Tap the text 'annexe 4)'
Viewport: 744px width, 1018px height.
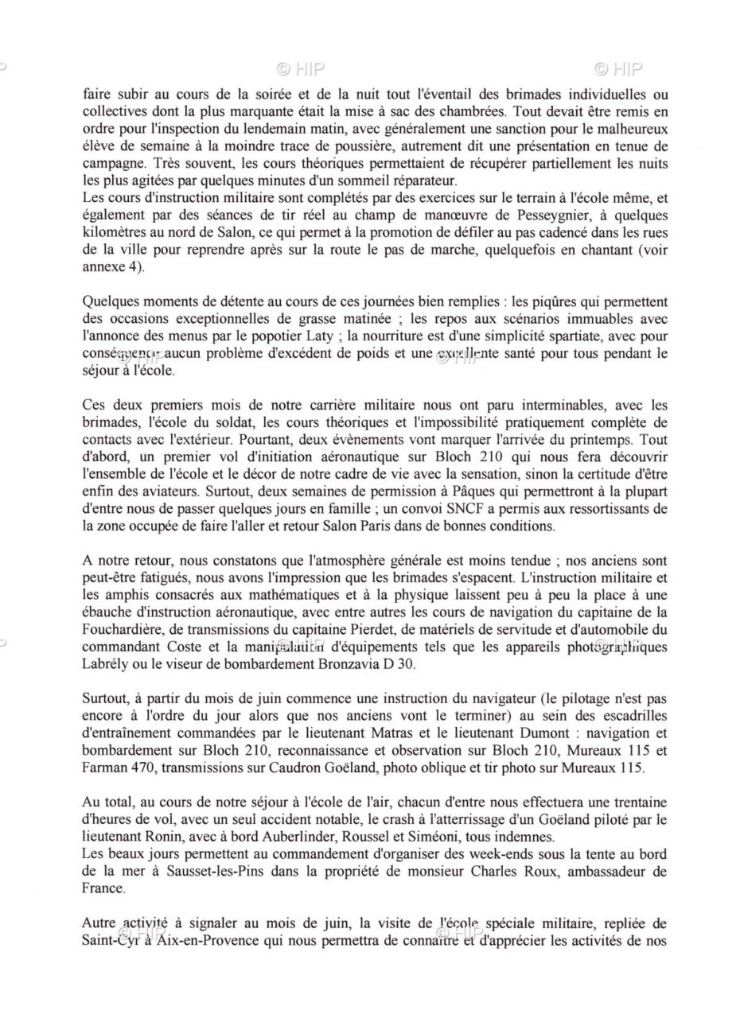[109, 267]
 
